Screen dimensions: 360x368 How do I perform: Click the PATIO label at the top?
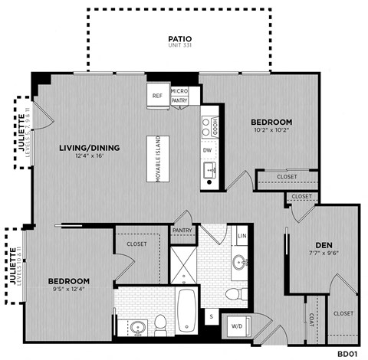click(179, 38)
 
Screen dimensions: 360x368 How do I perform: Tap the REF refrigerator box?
click(157, 96)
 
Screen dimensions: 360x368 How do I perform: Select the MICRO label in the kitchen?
click(179, 92)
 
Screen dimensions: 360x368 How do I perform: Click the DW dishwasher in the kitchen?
click(207, 150)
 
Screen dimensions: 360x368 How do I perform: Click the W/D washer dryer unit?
click(235, 327)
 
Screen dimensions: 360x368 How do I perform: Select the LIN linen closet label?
click(242, 236)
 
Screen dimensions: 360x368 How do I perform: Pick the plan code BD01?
click(348, 354)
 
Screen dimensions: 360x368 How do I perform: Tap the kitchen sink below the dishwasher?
click(209, 170)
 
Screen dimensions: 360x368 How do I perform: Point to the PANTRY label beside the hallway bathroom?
click(182, 230)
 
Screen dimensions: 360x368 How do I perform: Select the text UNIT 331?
click(179, 46)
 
